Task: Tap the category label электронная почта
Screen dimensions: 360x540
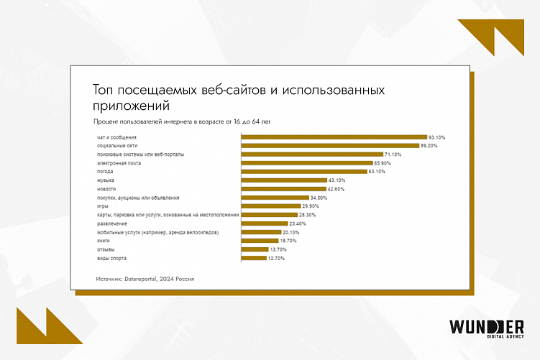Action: click(x=119, y=163)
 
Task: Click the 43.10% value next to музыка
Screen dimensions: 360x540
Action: click(x=337, y=180)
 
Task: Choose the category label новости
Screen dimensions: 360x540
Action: click(x=106, y=189)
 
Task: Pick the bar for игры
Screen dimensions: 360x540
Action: click(x=270, y=206)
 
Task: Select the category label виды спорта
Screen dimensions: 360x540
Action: click(x=111, y=258)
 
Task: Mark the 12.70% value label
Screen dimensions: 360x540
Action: click(x=276, y=258)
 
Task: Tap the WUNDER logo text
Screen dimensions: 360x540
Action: click(x=486, y=326)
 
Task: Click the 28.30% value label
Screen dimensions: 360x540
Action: click(x=306, y=215)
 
